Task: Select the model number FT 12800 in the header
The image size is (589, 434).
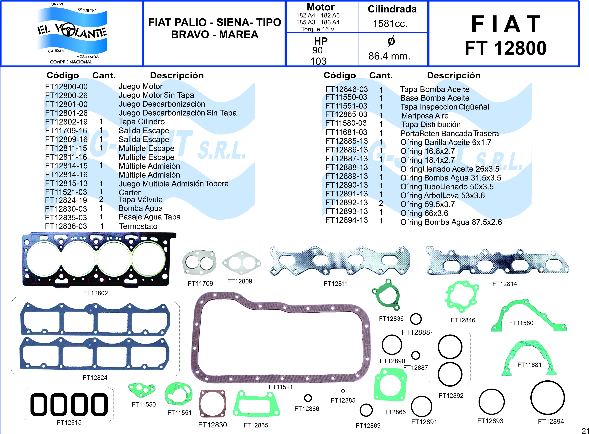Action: pyautogui.click(x=505, y=49)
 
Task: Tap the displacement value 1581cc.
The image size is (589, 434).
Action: pyautogui.click(x=390, y=24)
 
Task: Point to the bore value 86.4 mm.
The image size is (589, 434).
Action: pyautogui.click(x=389, y=56)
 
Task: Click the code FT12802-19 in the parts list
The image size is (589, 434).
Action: pyautogui.click(x=66, y=122)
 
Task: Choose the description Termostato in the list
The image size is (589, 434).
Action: pyautogui.click(x=138, y=226)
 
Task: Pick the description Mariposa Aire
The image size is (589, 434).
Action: pyautogui.click(x=425, y=116)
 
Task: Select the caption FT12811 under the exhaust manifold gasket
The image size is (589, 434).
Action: pyautogui.click(x=336, y=283)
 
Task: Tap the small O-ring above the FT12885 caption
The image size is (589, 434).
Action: pyautogui.click(x=343, y=391)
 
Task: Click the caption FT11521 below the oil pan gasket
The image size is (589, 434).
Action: pyautogui.click(x=281, y=387)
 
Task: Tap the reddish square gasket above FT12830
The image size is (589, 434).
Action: pyautogui.click(x=212, y=403)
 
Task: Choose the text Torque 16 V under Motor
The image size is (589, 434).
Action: pyautogui.click(x=318, y=29)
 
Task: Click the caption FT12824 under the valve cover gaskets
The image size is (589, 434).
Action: pyautogui.click(x=95, y=378)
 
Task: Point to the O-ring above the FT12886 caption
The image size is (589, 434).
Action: pyautogui.click(x=308, y=398)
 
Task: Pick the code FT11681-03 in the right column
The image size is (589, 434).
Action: pyautogui.click(x=346, y=132)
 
